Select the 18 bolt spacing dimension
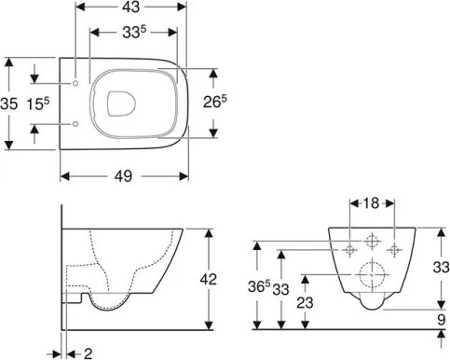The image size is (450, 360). pyautogui.click(x=371, y=201)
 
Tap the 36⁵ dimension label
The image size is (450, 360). pyautogui.click(x=266, y=286)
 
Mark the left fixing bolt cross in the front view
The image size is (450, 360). pyautogui.click(x=349, y=248)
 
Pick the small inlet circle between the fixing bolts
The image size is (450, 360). pyautogui.click(x=372, y=241)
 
